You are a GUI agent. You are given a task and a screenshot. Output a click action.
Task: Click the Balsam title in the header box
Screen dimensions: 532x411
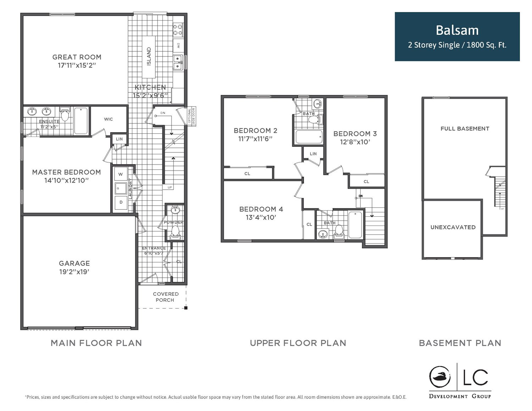457,30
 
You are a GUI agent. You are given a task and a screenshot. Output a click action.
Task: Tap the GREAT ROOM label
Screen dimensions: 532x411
77,57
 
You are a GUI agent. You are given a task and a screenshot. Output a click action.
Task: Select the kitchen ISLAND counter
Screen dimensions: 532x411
149,57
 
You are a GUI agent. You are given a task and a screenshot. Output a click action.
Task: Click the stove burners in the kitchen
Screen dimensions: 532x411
178,29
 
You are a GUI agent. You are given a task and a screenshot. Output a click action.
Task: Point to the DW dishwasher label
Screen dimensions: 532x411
178,45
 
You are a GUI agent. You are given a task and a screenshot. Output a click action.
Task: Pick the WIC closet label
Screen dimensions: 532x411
109,119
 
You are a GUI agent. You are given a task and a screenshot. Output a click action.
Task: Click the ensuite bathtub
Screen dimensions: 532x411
81,121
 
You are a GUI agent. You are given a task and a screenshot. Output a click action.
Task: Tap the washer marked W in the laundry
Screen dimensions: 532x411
121,174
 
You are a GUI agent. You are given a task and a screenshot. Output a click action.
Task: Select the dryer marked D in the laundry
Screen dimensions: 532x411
121,202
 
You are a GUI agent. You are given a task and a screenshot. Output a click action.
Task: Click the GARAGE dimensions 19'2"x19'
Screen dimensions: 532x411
74,272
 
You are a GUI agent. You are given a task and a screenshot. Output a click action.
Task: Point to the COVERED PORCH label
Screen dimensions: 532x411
166,297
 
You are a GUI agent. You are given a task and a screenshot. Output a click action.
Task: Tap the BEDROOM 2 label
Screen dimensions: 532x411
256,130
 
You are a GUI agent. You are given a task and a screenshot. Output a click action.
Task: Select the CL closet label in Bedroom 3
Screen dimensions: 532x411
366,182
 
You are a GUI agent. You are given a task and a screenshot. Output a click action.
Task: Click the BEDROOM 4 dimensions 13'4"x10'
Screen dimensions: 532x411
261,217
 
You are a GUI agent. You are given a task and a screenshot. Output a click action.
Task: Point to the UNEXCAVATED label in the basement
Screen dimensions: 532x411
453,227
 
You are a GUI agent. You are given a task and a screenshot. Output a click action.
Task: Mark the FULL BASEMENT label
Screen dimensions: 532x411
465,128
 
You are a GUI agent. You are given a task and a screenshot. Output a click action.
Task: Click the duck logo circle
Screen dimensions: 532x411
440,377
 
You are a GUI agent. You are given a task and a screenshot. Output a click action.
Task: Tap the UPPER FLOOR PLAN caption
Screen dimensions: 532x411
298,343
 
